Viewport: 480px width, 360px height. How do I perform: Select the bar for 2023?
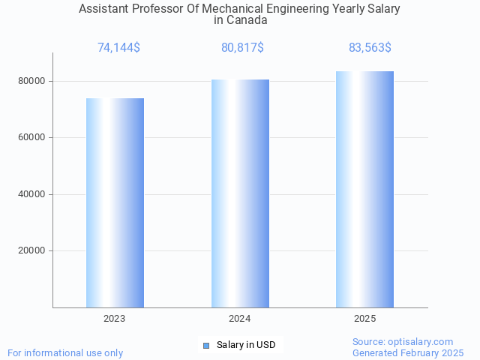click(x=115, y=202)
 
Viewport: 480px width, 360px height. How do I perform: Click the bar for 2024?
click(x=240, y=193)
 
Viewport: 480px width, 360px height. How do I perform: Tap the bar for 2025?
click(x=364, y=189)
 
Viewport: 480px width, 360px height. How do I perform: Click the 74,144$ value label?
click(x=118, y=48)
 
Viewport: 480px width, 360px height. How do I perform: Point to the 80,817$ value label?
click(x=242, y=48)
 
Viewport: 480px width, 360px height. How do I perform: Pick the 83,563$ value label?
click(x=370, y=48)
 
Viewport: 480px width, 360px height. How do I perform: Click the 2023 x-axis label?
click(x=115, y=319)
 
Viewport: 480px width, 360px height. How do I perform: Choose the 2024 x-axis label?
click(x=240, y=319)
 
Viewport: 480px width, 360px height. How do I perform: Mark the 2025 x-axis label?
click(x=364, y=319)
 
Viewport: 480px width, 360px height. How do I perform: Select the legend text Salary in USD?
click(x=246, y=345)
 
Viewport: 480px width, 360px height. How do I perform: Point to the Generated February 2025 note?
click(x=408, y=352)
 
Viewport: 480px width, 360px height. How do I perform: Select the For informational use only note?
click(x=65, y=352)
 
